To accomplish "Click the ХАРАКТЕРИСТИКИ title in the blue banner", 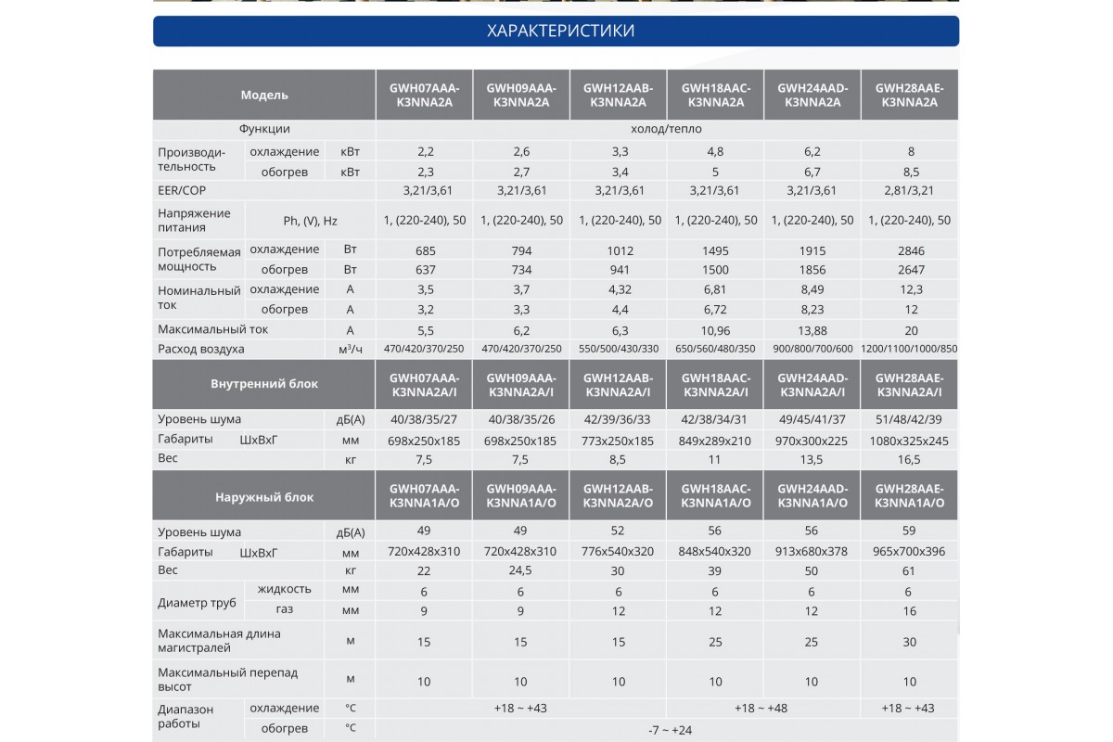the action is coord(560,31).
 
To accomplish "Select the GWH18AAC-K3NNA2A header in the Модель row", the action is coord(715,95).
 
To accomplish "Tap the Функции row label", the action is coord(264,129).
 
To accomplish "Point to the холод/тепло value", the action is coord(666,129).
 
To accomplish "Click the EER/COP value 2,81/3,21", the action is coord(909,190).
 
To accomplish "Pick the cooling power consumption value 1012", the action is coord(620,251).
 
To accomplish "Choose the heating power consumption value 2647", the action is coord(911,270).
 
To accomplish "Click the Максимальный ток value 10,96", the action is coord(715,330).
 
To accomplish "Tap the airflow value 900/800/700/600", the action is coord(812,349).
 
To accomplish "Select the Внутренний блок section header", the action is coord(264,384).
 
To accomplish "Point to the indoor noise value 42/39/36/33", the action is coord(617,419).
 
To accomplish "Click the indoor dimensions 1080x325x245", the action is coord(909,441).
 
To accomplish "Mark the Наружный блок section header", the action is coord(264,497).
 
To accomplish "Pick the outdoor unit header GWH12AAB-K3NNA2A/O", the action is coord(618,495).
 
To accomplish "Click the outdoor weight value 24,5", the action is coord(520,570).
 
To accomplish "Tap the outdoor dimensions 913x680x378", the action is coord(812,551).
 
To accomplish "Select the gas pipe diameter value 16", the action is coord(909,611).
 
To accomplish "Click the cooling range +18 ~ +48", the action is coord(761,709).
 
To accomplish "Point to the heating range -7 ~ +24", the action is coord(670,730).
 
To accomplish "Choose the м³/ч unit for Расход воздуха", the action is coord(351,349).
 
